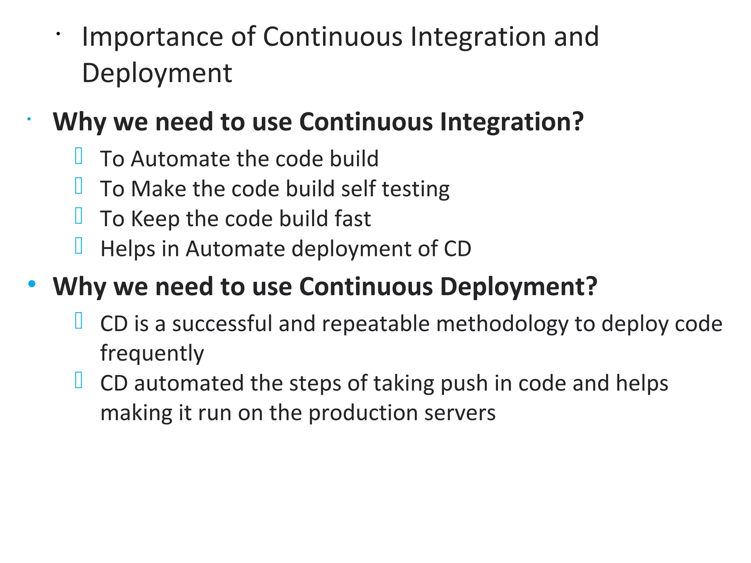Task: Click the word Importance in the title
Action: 152,37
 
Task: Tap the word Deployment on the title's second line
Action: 157,73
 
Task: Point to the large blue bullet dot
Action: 32,284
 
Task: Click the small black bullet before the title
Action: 58,34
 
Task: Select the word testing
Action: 415,189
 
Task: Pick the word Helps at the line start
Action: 128,249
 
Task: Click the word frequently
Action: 152,354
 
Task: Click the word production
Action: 363,413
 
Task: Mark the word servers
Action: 460,413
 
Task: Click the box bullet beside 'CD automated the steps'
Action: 78,380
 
